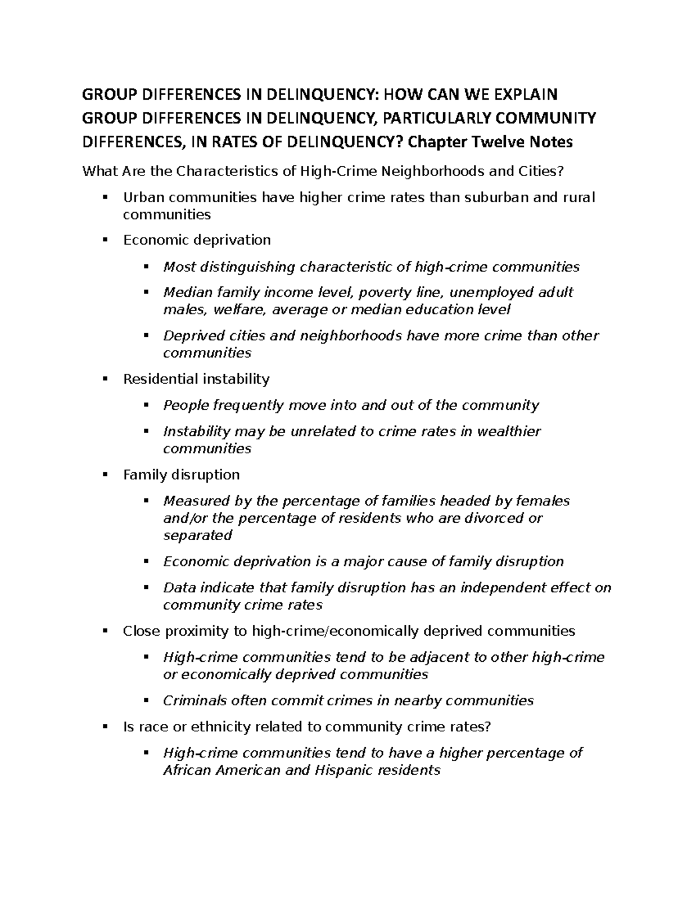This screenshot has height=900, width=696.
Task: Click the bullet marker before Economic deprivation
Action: point(105,239)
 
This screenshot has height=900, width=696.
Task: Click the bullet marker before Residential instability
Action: point(105,379)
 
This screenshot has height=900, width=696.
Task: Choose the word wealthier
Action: point(509,431)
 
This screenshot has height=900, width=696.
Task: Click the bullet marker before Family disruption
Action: point(105,475)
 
